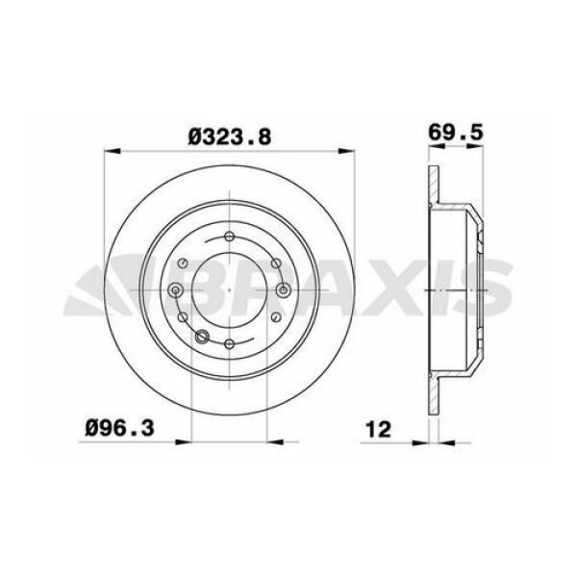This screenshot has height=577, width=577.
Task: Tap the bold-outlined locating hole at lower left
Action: (201, 336)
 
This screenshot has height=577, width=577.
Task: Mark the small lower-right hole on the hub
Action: (275, 318)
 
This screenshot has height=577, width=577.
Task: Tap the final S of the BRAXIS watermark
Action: (490, 291)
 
